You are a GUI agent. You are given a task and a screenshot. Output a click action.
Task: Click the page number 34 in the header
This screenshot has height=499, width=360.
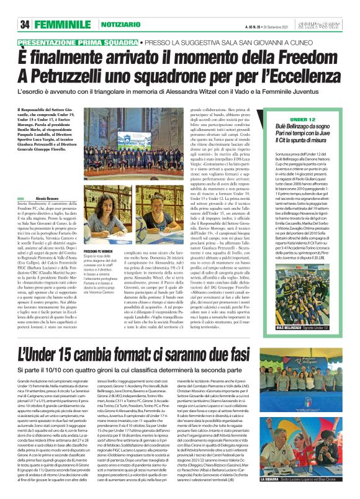pyautogui.click(x=25, y=24)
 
